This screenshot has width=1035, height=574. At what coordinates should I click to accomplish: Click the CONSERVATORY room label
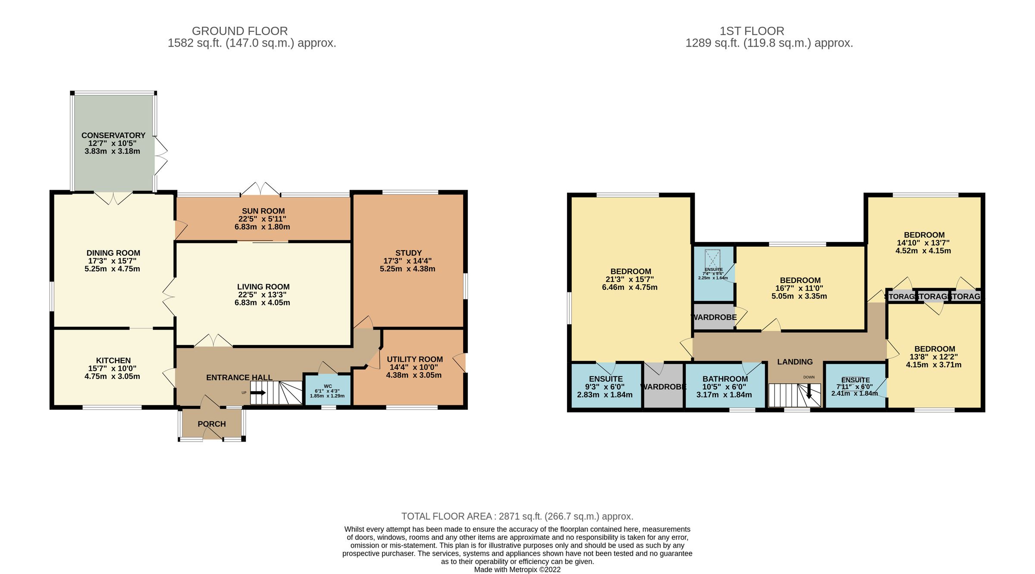[x=113, y=135]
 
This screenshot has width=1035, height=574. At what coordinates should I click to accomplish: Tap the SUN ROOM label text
[x=263, y=211]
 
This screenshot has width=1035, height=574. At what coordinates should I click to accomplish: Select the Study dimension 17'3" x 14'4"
[x=408, y=261]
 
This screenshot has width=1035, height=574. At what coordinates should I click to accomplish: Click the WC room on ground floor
[x=327, y=390]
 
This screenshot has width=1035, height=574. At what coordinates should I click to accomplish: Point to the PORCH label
[x=212, y=424]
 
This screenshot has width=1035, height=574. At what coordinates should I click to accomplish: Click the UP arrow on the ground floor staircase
[x=258, y=392]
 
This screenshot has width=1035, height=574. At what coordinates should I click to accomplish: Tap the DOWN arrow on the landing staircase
[x=809, y=392]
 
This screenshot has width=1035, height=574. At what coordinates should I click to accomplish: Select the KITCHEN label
[x=113, y=361]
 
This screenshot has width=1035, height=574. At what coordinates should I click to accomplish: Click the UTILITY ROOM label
[x=414, y=359]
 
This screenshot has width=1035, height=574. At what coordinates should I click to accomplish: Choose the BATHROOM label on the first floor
[x=725, y=379]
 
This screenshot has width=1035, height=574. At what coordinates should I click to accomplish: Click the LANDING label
[x=795, y=362]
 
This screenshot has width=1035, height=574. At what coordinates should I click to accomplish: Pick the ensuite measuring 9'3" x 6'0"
[x=605, y=387]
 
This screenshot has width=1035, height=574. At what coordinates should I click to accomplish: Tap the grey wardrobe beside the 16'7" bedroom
[x=714, y=317]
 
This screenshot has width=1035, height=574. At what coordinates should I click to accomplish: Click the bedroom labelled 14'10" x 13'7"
[x=924, y=243]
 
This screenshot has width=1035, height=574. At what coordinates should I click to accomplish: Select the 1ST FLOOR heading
[x=752, y=31]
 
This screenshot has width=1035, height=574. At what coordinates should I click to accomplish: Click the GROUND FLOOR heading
[x=240, y=31]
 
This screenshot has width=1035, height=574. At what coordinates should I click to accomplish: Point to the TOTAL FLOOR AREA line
[x=517, y=516]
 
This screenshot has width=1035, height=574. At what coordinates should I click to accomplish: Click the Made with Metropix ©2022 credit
[x=517, y=569]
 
